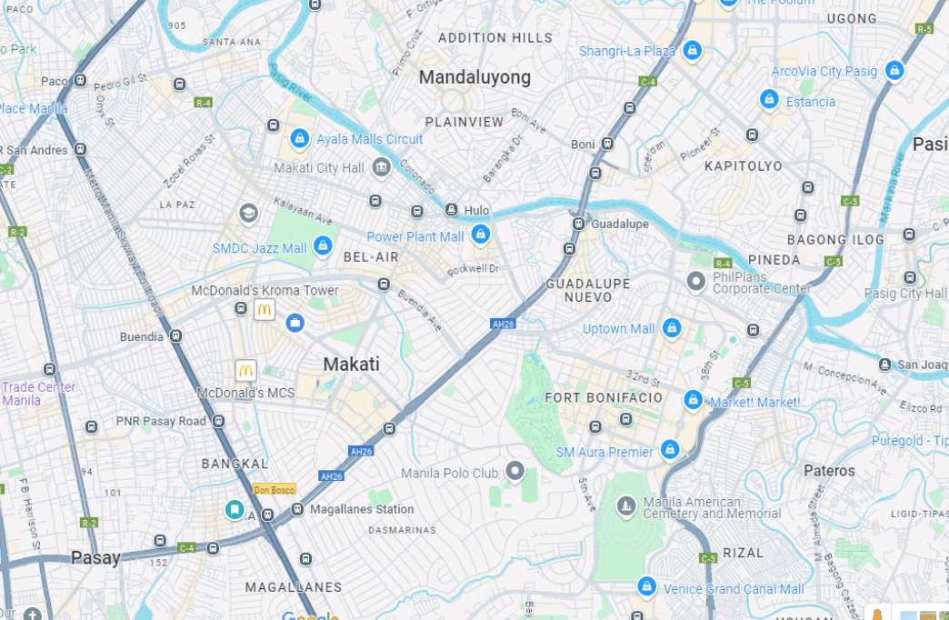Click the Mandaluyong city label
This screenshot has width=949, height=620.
pyautogui.click(x=474, y=77)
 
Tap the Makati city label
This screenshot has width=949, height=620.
pyautogui.click(x=352, y=365)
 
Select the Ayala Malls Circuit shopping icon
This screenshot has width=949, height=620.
pyautogui.click(x=299, y=138)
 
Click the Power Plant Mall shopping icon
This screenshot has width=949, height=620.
pyautogui.click(x=481, y=235)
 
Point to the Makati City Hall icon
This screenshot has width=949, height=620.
pyautogui.click(x=381, y=166)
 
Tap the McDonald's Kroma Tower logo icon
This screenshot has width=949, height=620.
pyautogui.click(x=265, y=309)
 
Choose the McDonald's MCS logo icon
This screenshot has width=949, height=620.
pyautogui.click(x=245, y=370)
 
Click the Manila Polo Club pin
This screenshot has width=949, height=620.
pyautogui.click(x=515, y=471)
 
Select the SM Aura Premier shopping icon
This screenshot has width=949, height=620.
pyautogui.click(x=670, y=449)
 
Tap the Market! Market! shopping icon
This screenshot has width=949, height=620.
pyautogui.click(x=693, y=399)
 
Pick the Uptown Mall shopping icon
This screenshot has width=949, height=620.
pyautogui.click(x=672, y=327)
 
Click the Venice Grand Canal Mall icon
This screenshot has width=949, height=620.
pyautogui.click(x=646, y=586)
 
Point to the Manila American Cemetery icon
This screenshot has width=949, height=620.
pyautogui.click(x=626, y=505)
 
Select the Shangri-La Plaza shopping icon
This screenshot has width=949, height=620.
pyautogui.click(x=692, y=50)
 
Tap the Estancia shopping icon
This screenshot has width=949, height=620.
pyautogui.click(x=769, y=99)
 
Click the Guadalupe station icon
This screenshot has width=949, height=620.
pyautogui.click(x=578, y=224)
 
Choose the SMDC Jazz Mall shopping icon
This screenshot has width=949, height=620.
pyautogui.click(x=322, y=245)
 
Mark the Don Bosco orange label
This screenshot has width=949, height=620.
pyautogui.click(x=274, y=489)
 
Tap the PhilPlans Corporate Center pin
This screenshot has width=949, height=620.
pyautogui.click(x=696, y=281)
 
